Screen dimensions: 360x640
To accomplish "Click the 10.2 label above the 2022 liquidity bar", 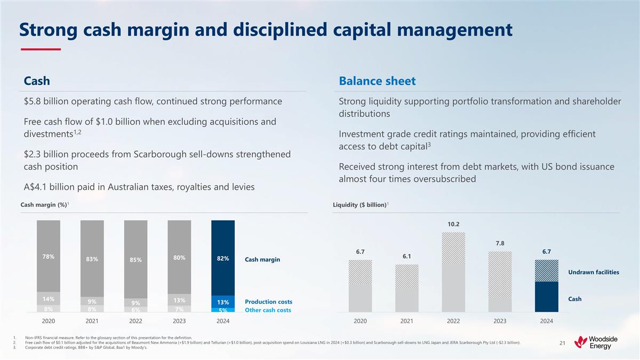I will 454,225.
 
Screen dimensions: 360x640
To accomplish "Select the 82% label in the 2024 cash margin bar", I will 223,259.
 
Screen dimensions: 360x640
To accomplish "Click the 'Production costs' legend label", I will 268,302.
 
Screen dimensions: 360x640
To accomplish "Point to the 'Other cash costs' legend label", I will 268,310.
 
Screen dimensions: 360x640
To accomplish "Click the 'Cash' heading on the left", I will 37,81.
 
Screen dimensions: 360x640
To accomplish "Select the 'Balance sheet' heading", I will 377,81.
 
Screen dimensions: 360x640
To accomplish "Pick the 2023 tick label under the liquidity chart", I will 500,322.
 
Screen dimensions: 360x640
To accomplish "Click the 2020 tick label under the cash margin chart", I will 48,322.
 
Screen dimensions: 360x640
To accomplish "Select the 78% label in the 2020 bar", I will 48,257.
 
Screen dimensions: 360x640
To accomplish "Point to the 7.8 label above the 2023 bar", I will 500,243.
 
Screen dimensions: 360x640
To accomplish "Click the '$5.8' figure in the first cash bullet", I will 33,101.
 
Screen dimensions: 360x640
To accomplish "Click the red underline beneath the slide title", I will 41,49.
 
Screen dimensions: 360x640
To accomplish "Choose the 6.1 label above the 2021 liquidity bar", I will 407,256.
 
